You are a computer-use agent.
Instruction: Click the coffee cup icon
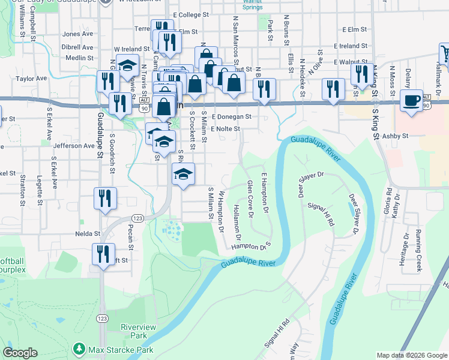pyautogui.click(x=412, y=100)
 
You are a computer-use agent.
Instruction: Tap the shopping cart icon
pyautogui.click(x=446, y=55)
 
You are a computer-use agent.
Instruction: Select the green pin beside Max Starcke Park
pyautogui.click(x=79, y=349)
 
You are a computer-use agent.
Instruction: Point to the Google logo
pyautogui.click(x=20, y=353)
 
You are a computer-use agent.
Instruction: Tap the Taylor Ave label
pyautogui.click(x=32, y=79)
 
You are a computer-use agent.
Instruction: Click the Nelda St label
pyautogui.click(x=88, y=233)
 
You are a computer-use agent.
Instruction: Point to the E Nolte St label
pyautogui.click(x=225, y=128)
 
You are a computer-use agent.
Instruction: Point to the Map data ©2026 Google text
pyautogui.click(x=411, y=355)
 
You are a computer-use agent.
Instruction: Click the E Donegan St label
pyautogui.click(x=231, y=116)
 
